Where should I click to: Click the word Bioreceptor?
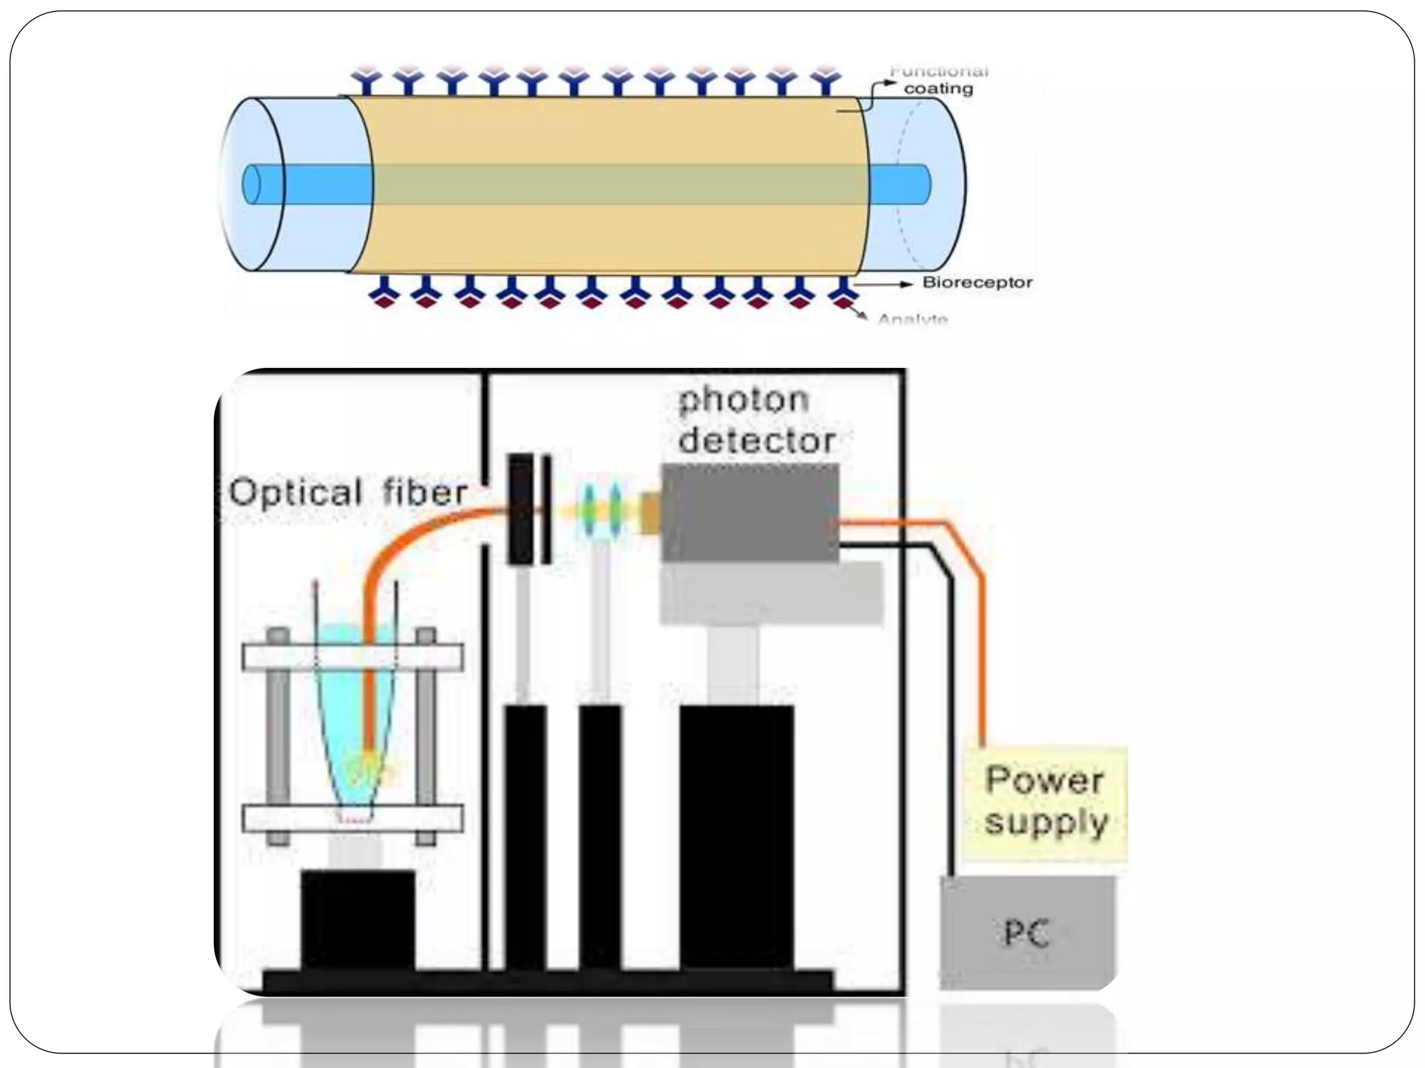(977, 282)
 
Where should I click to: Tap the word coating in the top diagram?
(938, 89)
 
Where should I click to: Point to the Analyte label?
(912, 319)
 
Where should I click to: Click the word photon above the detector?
(743, 400)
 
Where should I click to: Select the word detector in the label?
(756, 441)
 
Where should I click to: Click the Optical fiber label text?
(347, 493)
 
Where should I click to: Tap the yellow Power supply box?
(1045, 804)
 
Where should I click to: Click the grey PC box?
(1027, 932)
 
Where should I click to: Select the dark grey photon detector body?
(749, 512)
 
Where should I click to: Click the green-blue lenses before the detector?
(601, 512)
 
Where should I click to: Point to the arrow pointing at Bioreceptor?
(884, 284)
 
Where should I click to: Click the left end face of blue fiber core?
(250, 184)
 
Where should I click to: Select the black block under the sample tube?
(358, 918)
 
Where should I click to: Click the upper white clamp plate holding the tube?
(352, 658)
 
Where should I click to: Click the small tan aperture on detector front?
(650, 513)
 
